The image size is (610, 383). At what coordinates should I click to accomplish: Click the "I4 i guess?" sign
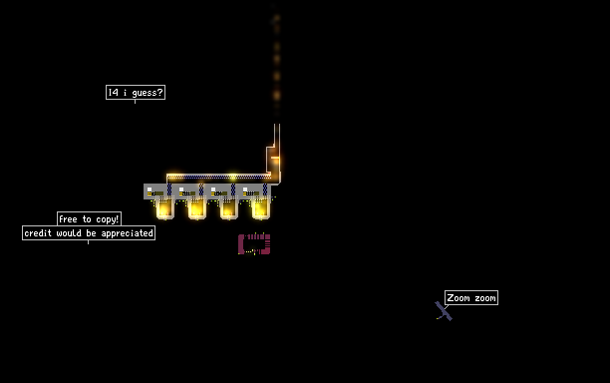pyautogui.click(x=136, y=92)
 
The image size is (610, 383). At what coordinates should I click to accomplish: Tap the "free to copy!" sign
pyautogui.click(x=89, y=219)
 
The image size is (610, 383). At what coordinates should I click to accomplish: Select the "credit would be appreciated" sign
pyautogui.click(x=89, y=233)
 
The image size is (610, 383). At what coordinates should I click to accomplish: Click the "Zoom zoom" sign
pyautogui.click(x=471, y=298)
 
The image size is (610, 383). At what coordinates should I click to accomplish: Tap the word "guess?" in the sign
pyautogui.click(x=148, y=93)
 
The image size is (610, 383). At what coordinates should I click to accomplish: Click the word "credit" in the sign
pyautogui.click(x=38, y=233)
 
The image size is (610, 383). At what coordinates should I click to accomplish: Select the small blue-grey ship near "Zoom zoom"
pyautogui.click(x=444, y=311)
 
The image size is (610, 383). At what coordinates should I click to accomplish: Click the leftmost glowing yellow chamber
pyautogui.click(x=164, y=208)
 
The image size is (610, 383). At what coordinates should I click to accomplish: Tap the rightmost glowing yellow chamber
pyautogui.click(x=261, y=208)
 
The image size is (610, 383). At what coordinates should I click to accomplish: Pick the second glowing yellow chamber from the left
pyautogui.click(x=196, y=208)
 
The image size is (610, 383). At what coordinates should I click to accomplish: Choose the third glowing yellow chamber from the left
pyautogui.click(x=229, y=208)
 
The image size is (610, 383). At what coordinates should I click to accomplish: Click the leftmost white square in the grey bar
pyautogui.click(x=150, y=190)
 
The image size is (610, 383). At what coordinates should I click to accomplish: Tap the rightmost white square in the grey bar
pyautogui.click(x=245, y=190)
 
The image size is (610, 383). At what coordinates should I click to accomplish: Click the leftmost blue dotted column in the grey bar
pyautogui.click(x=169, y=190)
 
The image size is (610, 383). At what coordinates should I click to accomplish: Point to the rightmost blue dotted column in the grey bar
pyautogui.click(x=265, y=190)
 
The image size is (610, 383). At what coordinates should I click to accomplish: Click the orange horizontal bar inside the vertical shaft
pyautogui.click(x=275, y=158)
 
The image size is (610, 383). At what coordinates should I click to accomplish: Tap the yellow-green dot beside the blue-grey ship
pyautogui.click(x=439, y=317)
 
